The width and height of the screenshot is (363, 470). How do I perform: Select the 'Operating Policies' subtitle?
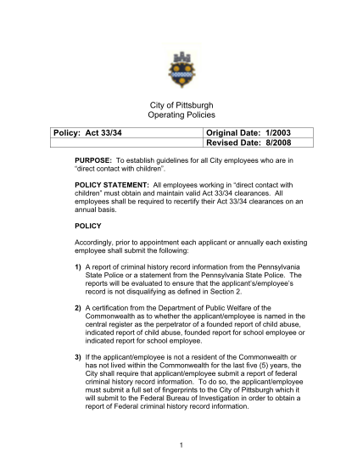pyautogui.click(x=181, y=115)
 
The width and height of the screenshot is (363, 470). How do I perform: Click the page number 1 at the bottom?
pyautogui.click(x=181, y=443)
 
